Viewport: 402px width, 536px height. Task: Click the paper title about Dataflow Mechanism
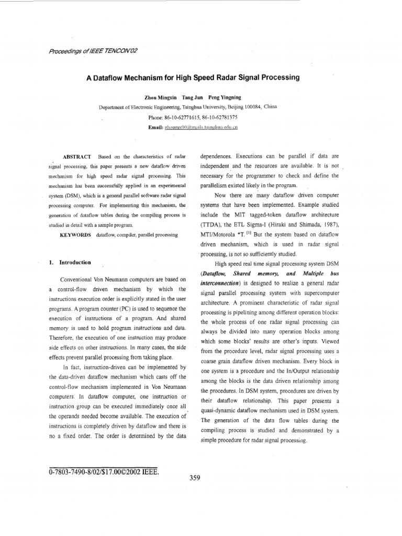pyautogui.click(x=193, y=77)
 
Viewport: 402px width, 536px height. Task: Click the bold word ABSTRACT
pyautogui.click(x=77, y=157)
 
